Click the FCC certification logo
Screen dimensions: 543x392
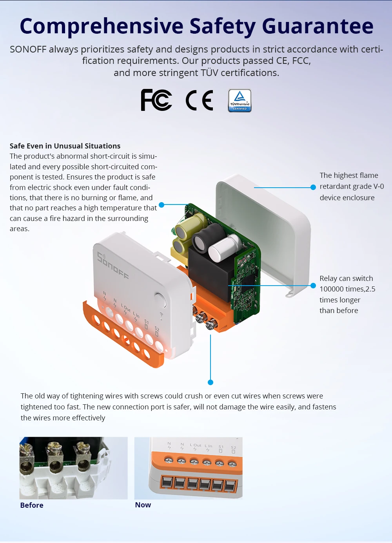click(156, 100)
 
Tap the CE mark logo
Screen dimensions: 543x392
click(199, 100)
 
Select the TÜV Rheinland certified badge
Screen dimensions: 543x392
click(240, 101)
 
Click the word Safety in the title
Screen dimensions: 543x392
click(222, 26)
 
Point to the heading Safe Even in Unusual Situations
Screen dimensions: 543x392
click(65, 146)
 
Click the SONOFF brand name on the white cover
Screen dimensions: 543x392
click(113, 266)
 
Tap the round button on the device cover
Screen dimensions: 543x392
click(160, 300)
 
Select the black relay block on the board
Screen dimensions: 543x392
click(208, 270)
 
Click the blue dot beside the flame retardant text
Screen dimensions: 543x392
click(313, 187)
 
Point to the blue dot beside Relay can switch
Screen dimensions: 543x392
click(313, 286)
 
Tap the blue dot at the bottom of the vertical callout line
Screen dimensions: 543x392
click(211, 382)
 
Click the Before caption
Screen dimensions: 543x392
click(32, 505)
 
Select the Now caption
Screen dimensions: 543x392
click(143, 505)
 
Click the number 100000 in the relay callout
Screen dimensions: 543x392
click(332, 289)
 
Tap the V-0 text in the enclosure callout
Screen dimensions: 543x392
click(379, 186)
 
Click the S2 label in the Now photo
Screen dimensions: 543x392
click(233, 447)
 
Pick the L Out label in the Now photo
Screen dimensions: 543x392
click(196, 445)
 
